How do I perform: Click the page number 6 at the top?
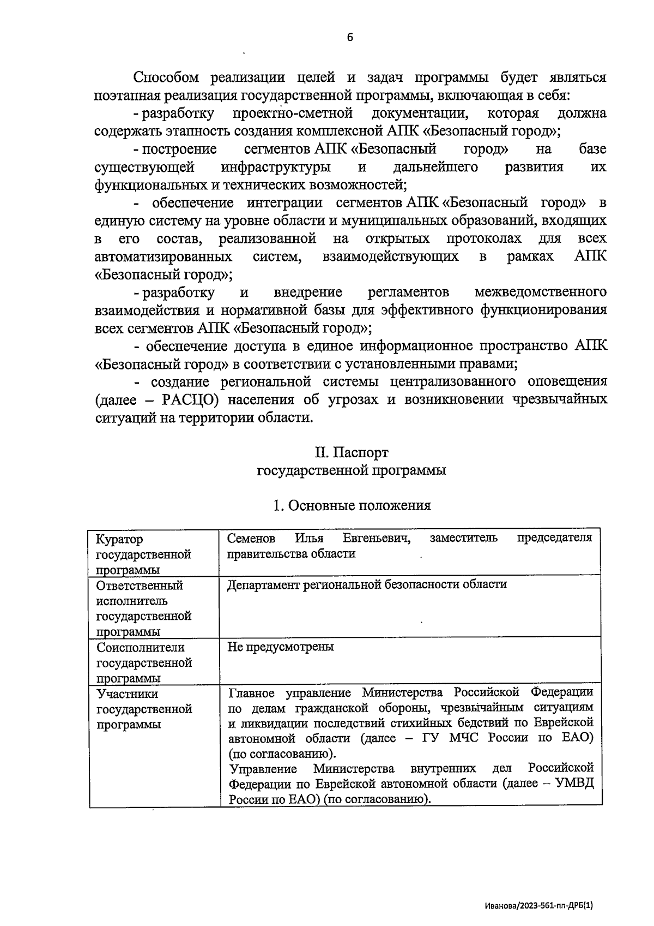click(x=349, y=38)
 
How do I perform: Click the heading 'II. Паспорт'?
click(x=352, y=452)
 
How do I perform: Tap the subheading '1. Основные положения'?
click(x=352, y=505)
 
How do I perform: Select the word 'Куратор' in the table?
click(x=119, y=539)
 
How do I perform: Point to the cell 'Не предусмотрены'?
click(x=281, y=647)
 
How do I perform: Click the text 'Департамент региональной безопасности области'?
click(x=367, y=584)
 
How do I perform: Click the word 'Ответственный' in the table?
click(x=140, y=586)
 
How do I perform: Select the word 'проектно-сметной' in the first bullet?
click(x=293, y=113)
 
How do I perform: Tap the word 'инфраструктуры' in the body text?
click(x=276, y=166)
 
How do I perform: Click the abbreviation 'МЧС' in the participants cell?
click(x=465, y=738)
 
